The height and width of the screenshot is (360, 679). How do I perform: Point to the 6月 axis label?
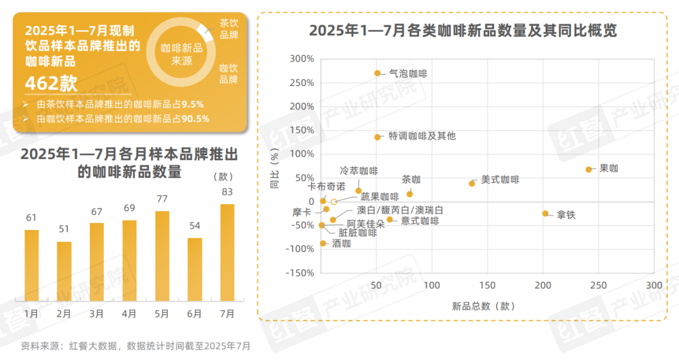pyautogui.click(x=194, y=314)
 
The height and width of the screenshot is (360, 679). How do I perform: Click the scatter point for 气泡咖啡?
pyautogui.click(x=378, y=73)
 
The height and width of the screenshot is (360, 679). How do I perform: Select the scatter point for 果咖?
pyautogui.click(x=589, y=170)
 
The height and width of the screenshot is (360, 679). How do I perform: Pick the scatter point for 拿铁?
pyautogui.click(x=546, y=214)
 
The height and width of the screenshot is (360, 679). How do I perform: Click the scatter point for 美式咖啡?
pyautogui.click(x=472, y=183)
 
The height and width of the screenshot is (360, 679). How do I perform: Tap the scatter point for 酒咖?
pyautogui.click(x=323, y=243)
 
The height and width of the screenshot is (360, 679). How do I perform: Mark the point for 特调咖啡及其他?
pyautogui.click(x=378, y=137)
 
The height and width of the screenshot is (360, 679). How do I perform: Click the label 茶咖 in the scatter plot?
pyautogui.click(x=411, y=180)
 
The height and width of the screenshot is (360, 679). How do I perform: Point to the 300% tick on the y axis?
pyautogui.click(x=302, y=59)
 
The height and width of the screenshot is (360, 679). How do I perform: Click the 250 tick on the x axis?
pyautogui.click(x=599, y=286)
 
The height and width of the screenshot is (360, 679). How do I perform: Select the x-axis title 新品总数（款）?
pyautogui.click(x=483, y=306)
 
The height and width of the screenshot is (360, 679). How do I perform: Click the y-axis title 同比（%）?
pyautogui.click(x=274, y=169)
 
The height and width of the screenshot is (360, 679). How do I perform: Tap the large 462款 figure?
pyautogui.click(x=51, y=84)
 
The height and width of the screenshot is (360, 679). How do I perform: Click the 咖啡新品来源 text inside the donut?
pyautogui.click(x=182, y=55)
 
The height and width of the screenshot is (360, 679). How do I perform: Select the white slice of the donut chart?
pyautogui.click(x=204, y=29)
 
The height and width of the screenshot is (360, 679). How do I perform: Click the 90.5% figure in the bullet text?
pyautogui.click(x=196, y=118)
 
